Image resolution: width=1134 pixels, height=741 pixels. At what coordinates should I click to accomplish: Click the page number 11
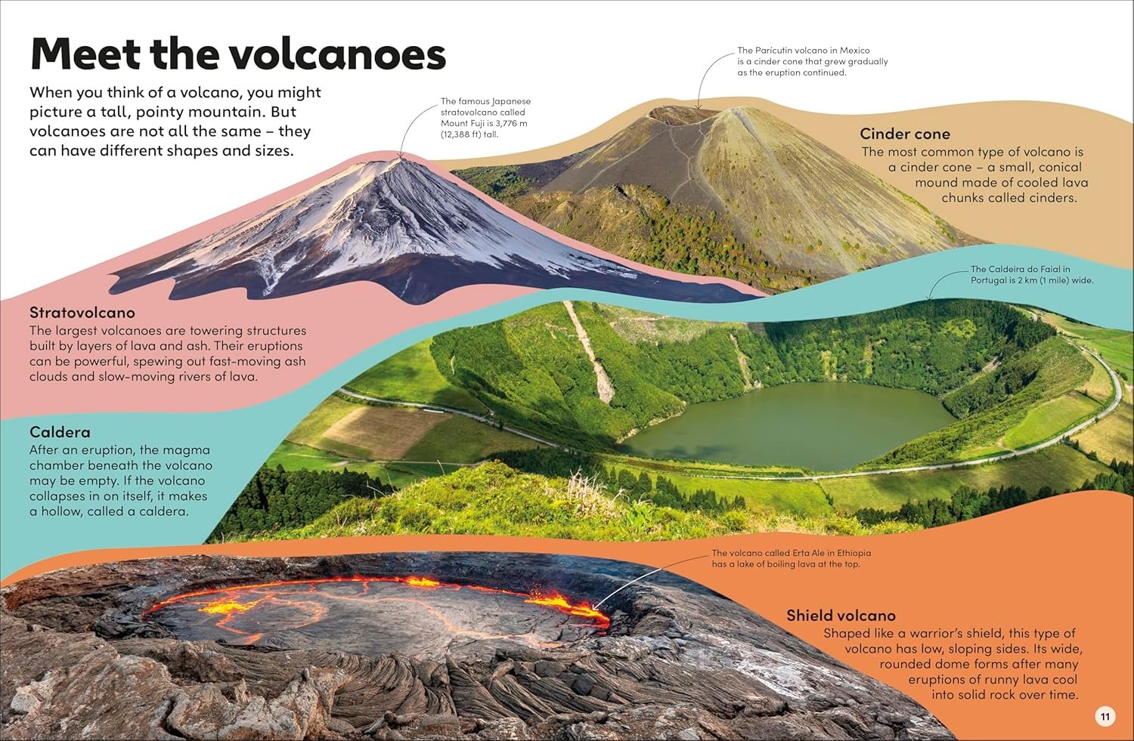(x=1105, y=716)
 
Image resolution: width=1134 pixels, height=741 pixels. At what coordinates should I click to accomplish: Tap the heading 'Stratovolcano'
(x=82, y=313)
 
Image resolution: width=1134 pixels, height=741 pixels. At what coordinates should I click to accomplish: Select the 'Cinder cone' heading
(x=905, y=134)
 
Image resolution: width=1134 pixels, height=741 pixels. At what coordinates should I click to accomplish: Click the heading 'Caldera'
(x=60, y=432)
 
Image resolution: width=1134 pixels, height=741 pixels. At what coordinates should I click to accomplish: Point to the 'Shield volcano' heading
(x=841, y=615)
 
